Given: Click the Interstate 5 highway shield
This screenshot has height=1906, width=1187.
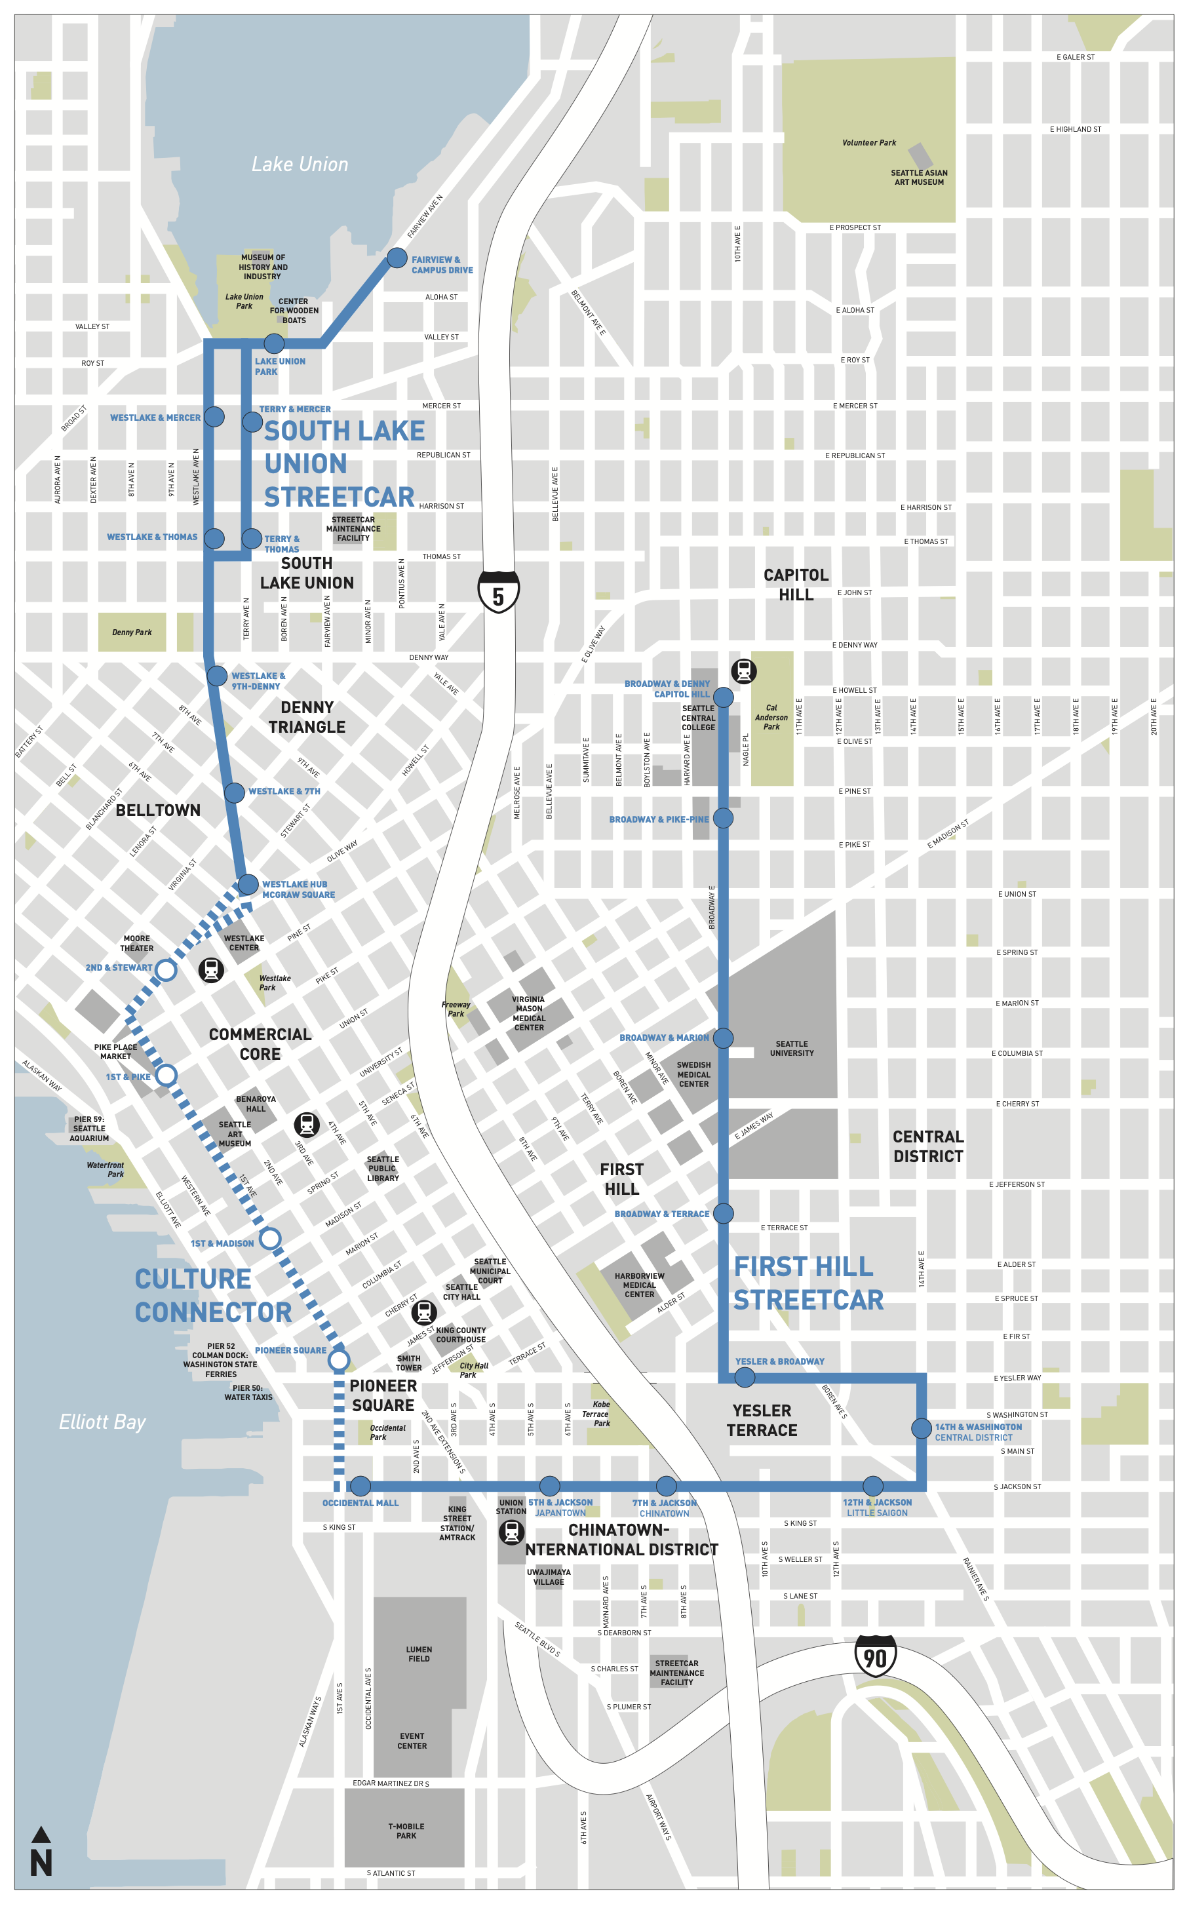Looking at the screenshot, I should (x=499, y=592).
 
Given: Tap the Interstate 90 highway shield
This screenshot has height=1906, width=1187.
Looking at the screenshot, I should (x=874, y=1656).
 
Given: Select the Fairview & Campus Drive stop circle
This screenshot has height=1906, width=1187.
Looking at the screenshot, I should (x=397, y=258).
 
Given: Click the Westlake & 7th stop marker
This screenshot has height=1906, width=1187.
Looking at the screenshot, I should (x=234, y=792).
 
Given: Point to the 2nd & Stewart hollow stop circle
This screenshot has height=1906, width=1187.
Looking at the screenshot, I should (x=166, y=969).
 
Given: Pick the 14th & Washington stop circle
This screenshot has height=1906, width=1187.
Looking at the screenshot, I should (x=922, y=1428).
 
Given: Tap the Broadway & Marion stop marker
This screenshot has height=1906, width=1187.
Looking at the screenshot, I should (x=723, y=1038).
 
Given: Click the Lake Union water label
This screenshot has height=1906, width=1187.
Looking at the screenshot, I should (x=300, y=164).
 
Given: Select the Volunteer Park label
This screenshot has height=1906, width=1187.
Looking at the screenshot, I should (x=869, y=143).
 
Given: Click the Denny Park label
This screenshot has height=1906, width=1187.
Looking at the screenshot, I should (x=132, y=632).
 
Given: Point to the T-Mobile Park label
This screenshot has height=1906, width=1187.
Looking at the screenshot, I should (x=406, y=1831).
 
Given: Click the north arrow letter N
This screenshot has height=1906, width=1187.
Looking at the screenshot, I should (x=41, y=1863).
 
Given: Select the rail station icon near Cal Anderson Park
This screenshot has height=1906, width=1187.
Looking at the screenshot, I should (x=743, y=671).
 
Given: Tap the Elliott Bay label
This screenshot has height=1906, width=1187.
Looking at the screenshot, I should (x=102, y=1422).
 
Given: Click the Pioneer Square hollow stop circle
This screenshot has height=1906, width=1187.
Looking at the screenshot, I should (x=338, y=1359).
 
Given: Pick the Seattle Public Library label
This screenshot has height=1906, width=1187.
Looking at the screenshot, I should (x=383, y=1168).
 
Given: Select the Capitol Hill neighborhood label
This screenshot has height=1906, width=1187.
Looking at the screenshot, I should (x=796, y=585).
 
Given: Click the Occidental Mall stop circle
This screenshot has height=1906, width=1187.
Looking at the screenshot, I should (x=360, y=1485).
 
